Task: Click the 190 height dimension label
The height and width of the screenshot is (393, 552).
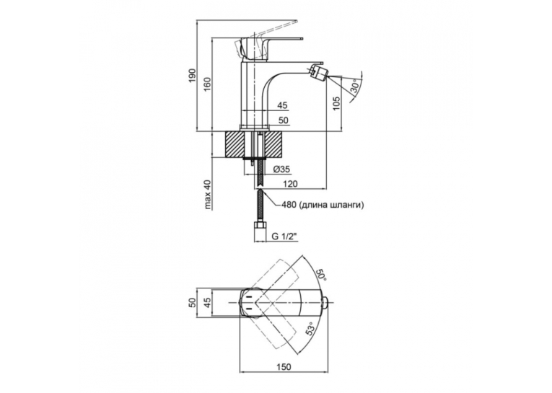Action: (193, 76)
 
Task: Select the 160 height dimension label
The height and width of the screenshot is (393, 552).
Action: (208, 84)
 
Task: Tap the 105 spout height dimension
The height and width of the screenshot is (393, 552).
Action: (336, 103)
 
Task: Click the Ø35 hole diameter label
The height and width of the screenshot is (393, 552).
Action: (281, 169)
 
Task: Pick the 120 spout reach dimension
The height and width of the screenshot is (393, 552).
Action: (291, 184)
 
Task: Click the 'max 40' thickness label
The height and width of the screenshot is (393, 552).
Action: (208, 195)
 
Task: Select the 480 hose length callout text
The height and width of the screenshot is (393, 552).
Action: (322, 205)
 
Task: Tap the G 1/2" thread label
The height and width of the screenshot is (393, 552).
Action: (284, 237)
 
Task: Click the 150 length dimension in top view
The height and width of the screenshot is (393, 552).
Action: (284, 367)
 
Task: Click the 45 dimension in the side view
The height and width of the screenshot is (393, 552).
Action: (282, 105)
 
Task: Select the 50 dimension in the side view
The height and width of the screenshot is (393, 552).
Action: (283, 120)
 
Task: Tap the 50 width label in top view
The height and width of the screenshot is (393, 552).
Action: (192, 303)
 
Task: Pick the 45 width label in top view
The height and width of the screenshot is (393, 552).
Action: (207, 303)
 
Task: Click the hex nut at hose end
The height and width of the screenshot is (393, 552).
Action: (260, 225)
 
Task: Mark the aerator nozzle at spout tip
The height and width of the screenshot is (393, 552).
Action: (317, 71)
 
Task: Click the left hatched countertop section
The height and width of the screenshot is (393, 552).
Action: (234, 144)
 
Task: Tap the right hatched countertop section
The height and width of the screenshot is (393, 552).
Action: (275, 144)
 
